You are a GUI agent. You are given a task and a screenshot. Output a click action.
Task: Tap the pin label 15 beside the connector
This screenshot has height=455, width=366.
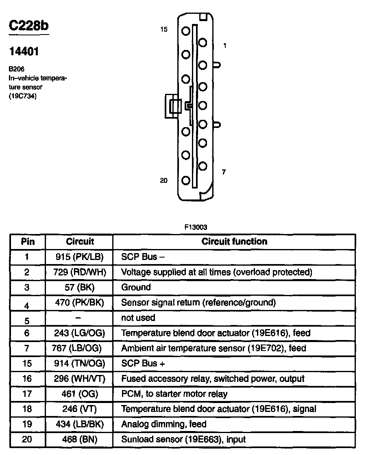[163, 29]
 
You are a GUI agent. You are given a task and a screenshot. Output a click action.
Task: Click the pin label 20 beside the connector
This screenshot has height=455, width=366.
[163, 180]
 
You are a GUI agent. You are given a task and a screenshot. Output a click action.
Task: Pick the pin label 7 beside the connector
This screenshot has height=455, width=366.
[224, 172]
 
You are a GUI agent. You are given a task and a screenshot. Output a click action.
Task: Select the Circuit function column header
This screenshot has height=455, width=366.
[234, 241]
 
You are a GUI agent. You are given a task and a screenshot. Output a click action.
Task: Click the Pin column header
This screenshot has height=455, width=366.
[28, 242]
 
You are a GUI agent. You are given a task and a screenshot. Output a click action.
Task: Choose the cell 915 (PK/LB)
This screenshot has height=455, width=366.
[80, 257]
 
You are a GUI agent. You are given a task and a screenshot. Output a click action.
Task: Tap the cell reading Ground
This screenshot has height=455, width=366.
[136, 287]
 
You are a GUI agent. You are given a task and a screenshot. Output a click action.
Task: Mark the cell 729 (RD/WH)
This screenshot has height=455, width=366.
[80, 272]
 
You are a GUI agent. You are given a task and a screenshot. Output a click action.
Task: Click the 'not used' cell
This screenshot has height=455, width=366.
[138, 318]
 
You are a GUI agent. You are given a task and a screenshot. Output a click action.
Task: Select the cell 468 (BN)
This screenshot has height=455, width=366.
[80, 439]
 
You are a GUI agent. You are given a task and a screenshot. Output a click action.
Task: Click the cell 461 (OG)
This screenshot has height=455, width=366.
[80, 394]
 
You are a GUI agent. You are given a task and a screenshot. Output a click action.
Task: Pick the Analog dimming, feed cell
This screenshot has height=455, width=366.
[164, 424]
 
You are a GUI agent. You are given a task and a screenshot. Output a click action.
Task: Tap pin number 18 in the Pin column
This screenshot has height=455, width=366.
[27, 409]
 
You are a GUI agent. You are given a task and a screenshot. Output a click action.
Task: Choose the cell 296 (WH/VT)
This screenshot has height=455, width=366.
[80, 379]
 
